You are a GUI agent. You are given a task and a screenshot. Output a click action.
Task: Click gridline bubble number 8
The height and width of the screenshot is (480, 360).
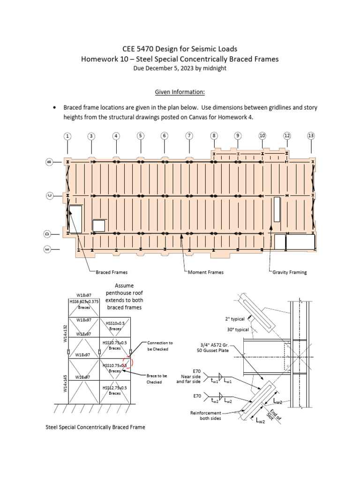[x=214, y=136]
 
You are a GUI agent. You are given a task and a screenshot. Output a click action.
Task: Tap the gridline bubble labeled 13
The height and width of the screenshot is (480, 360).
[x=311, y=136]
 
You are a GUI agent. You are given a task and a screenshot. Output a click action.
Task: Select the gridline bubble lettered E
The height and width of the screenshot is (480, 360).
[x=47, y=250]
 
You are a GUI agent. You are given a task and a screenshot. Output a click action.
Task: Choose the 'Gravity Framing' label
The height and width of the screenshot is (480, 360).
[x=289, y=272]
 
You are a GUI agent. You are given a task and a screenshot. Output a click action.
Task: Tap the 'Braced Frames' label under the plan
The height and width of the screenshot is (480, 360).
[x=112, y=272]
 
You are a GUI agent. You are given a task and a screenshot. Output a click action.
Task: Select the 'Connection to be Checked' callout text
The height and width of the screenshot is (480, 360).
[x=160, y=346]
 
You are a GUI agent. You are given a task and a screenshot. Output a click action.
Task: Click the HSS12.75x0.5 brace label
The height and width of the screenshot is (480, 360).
[x=115, y=390]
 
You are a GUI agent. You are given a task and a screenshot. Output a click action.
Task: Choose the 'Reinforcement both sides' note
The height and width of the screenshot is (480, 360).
[x=207, y=416]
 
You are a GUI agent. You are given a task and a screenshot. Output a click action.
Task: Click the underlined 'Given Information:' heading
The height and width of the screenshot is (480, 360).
[x=180, y=92]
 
